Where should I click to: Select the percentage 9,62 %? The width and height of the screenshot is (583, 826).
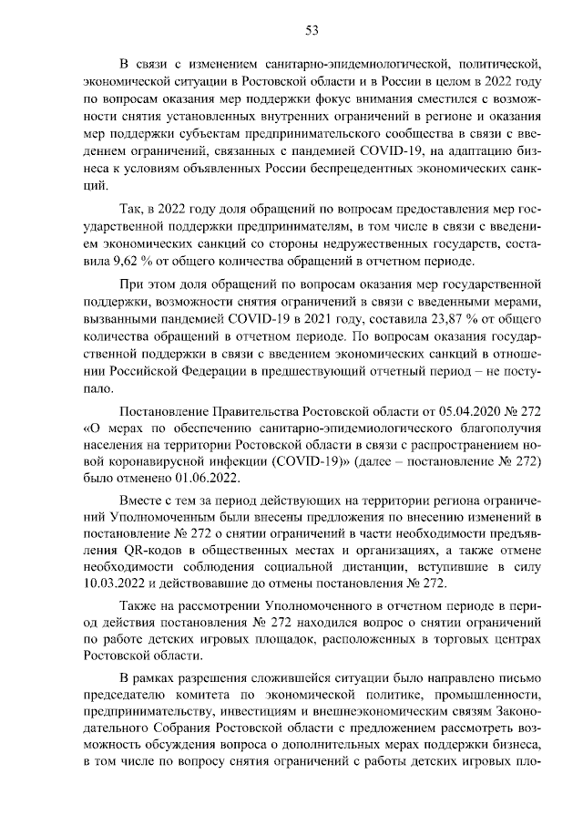[x=117, y=260]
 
